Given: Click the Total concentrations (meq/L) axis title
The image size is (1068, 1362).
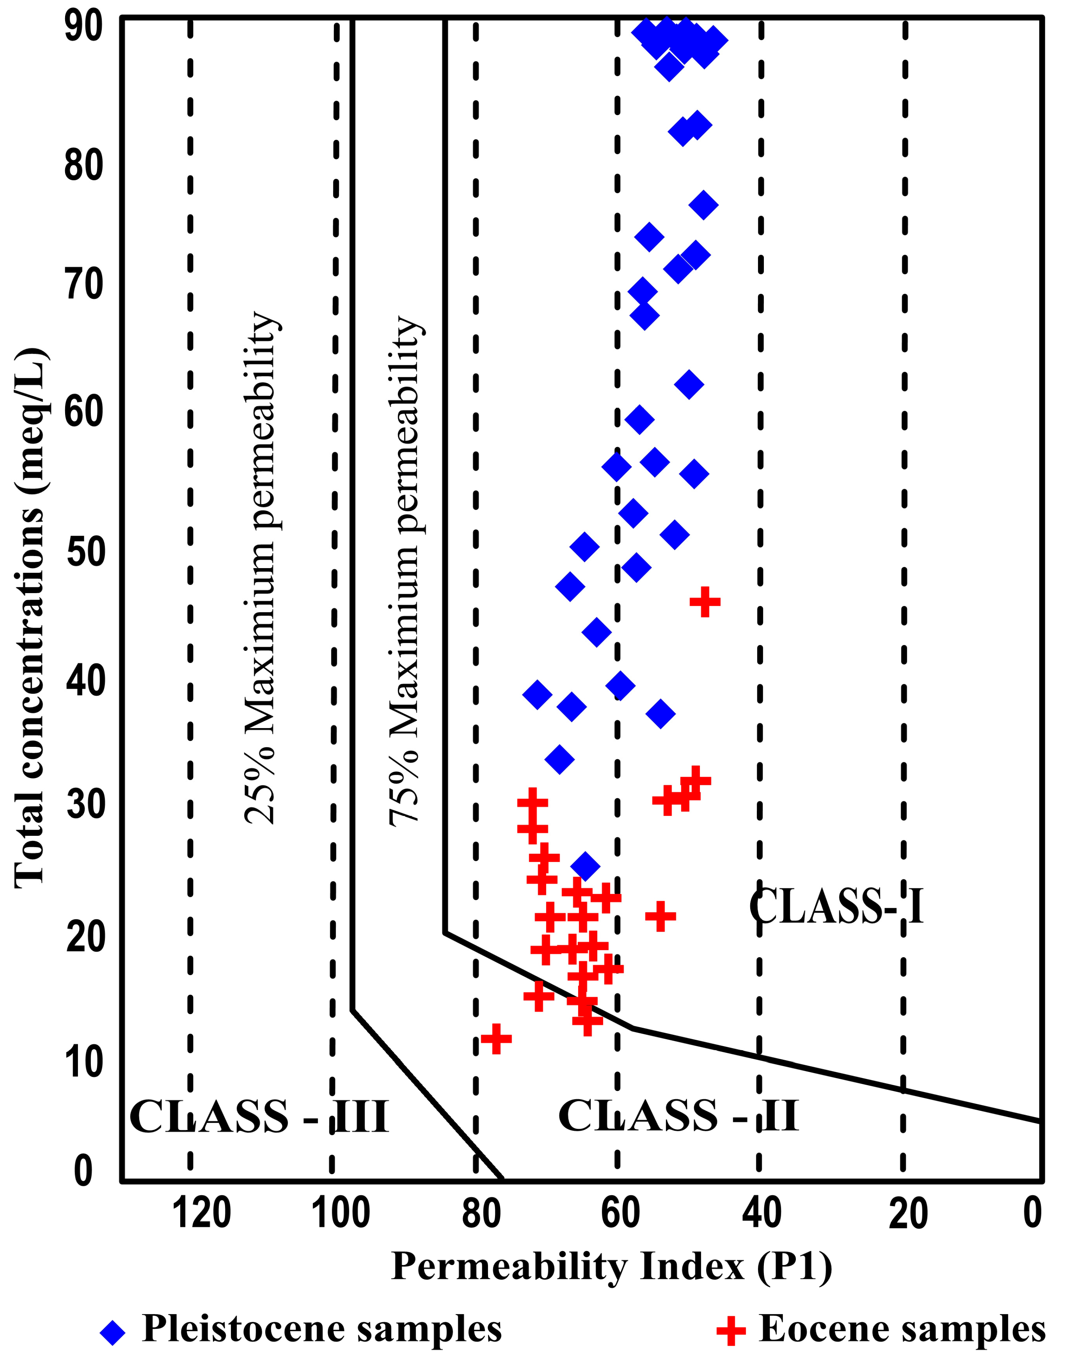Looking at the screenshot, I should (30, 619).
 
